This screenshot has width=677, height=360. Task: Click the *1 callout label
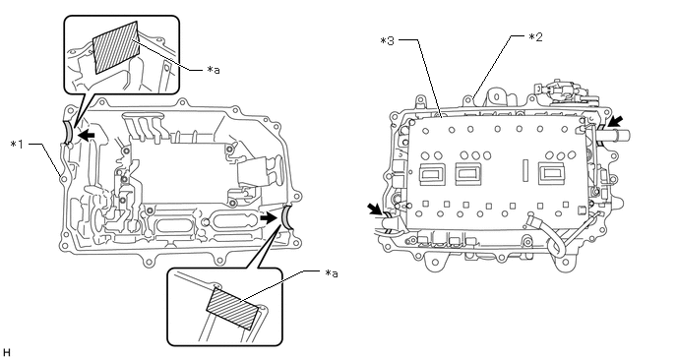click(18, 144)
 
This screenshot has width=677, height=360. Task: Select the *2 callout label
click(535, 36)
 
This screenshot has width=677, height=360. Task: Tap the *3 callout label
click(387, 41)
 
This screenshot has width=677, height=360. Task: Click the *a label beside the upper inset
click(213, 70)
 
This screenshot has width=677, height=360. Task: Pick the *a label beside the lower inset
click(332, 272)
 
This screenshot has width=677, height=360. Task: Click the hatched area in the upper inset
click(117, 47)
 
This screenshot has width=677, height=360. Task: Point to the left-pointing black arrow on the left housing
click(87, 136)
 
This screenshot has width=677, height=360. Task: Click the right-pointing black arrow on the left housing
click(269, 218)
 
